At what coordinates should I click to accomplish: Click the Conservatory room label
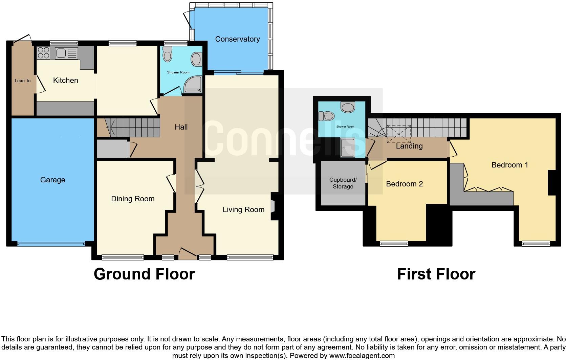pos(237,39)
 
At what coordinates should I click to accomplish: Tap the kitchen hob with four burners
pos(43,53)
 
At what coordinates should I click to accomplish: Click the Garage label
pos(52,180)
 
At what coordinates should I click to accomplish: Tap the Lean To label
pos(23,81)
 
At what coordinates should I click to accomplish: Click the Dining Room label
pos(133,199)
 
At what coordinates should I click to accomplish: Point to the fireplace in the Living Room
pos(273,206)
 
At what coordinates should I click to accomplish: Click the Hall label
pos(181,127)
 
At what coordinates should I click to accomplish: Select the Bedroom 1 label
pos(509,165)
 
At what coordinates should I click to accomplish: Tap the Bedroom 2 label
pos(404,184)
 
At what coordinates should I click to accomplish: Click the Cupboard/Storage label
pos(343,183)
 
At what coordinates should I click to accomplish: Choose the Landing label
pos(409,146)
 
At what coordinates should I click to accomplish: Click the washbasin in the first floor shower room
pos(348,107)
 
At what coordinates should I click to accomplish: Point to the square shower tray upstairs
pos(348,148)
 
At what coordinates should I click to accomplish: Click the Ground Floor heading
pos(144,274)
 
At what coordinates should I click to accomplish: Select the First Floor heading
pos(436,274)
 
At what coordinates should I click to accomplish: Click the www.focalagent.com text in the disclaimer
pos(362,356)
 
